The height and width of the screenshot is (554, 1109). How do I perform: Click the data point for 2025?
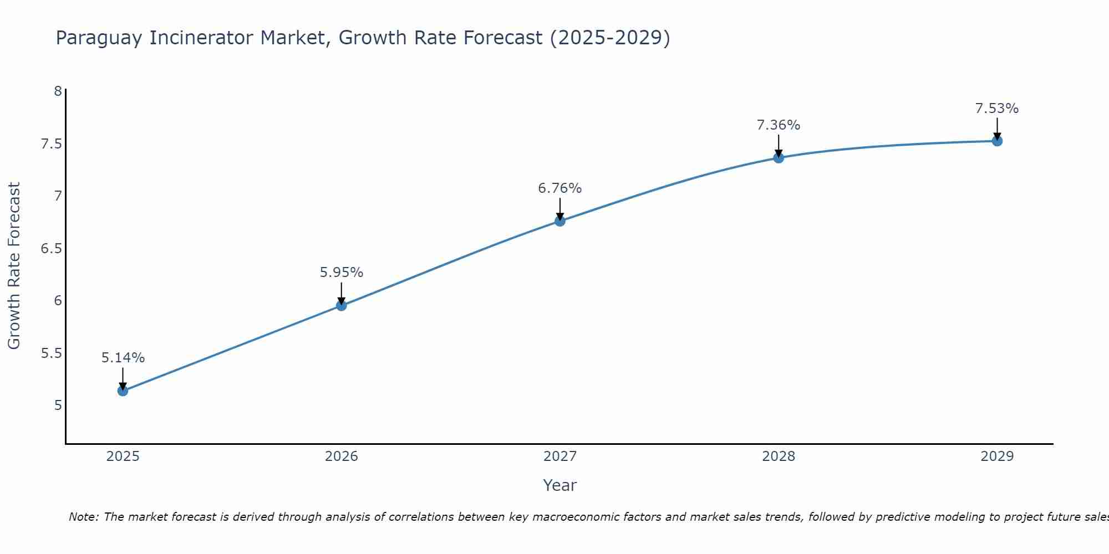click(123, 391)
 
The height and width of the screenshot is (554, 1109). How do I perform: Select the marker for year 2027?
click(560, 221)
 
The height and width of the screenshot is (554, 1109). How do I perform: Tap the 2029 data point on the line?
click(997, 141)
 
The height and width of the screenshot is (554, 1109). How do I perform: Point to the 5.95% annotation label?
click(341, 273)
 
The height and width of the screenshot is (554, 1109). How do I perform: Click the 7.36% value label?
click(779, 125)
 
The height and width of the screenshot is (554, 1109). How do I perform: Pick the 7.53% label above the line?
click(997, 109)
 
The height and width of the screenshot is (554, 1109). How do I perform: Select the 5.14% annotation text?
click(123, 358)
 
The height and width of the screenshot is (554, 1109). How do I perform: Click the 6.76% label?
click(560, 188)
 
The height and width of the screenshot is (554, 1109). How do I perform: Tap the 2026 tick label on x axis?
click(341, 456)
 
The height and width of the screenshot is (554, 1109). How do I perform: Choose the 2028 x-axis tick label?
click(779, 456)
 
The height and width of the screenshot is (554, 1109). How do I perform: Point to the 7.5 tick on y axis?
click(51, 144)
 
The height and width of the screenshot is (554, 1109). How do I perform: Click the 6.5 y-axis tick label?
click(51, 248)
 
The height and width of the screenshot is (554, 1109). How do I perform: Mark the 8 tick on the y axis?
click(58, 91)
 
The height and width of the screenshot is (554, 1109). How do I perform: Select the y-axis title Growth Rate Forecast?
click(14, 266)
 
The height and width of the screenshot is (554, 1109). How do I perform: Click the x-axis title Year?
click(560, 485)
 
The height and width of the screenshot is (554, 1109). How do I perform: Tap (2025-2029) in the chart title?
click(609, 38)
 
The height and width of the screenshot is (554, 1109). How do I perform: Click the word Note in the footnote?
click(83, 517)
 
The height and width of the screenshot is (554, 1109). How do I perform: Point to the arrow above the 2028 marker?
click(779, 146)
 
